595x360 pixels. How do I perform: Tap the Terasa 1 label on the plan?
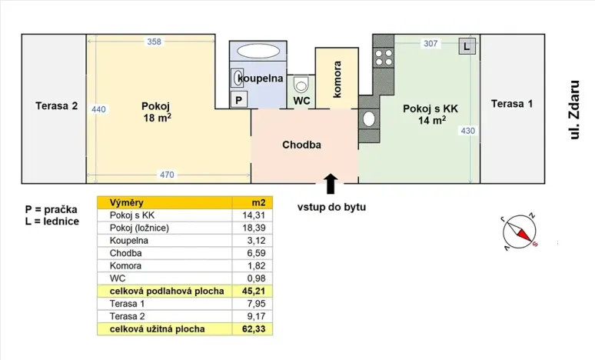[511, 104]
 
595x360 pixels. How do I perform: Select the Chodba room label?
[301, 145]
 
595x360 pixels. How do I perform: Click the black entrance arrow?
[331, 184]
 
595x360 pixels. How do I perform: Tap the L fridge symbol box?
[467, 45]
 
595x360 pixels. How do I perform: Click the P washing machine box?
[239, 100]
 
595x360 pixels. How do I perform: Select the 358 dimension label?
[154, 42]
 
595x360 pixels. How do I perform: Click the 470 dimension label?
[167, 175]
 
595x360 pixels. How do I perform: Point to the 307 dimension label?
[430, 44]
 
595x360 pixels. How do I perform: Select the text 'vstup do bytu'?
[332, 207]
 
